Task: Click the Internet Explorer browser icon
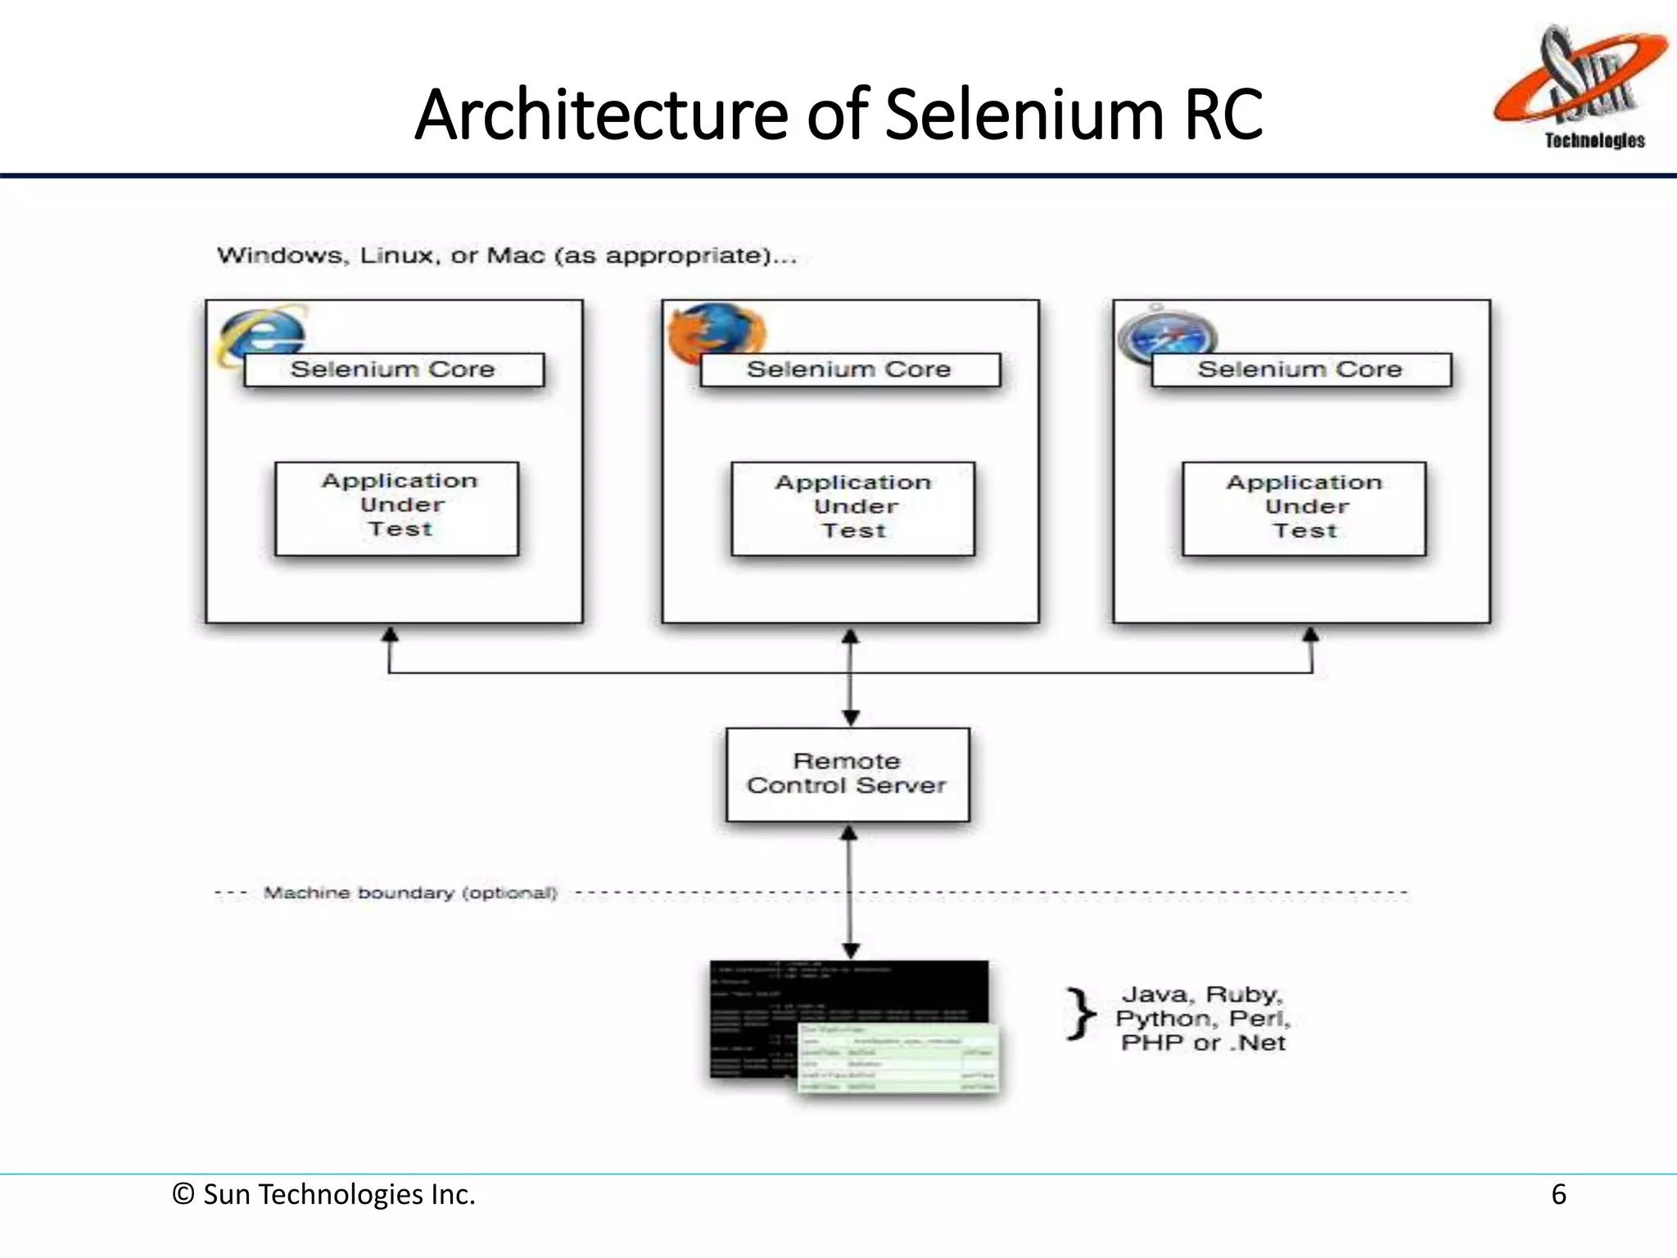click(x=260, y=333)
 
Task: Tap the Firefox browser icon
click(x=715, y=332)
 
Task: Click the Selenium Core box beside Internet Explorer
click(x=394, y=369)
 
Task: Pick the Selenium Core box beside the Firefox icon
click(x=850, y=369)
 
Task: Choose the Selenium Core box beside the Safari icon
click(x=1301, y=369)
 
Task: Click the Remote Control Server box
click(x=848, y=774)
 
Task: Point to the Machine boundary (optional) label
click(x=409, y=893)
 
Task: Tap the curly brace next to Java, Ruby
click(x=1081, y=1014)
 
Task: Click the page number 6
click(x=1558, y=1194)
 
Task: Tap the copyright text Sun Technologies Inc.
click(x=324, y=1194)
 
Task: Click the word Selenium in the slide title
click(x=1024, y=115)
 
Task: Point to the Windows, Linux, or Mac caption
click(x=506, y=256)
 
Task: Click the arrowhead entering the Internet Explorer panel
click(x=391, y=635)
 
